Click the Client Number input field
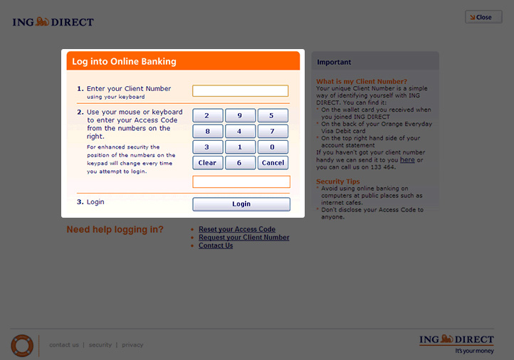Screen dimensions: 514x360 tap(241, 91)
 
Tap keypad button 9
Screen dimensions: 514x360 tap(240, 115)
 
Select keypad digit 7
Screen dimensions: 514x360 tap(273, 131)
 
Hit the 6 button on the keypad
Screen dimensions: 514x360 tap(240, 162)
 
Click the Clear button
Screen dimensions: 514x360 tap(207, 162)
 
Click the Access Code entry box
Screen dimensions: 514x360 tap(241, 182)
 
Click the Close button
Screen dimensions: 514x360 tap(483, 17)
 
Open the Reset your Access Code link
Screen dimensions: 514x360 tap(237, 229)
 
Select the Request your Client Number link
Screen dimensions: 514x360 tap(244, 238)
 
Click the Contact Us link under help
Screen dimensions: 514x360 tap(216, 245)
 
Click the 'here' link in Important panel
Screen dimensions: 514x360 tap(407, 160)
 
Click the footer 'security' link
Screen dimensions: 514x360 tap(100, 345)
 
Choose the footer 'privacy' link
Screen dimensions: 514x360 tap(132, 345)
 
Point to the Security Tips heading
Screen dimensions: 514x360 tap(338, 181)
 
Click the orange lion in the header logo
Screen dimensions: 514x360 tap(42, 21)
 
